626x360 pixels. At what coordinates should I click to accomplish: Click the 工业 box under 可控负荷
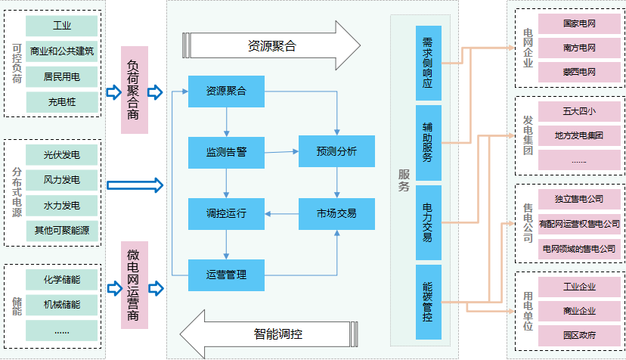(62, 26)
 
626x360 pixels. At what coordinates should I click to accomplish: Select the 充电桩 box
(62, 101)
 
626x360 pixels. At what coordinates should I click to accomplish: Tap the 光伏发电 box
(62, 155)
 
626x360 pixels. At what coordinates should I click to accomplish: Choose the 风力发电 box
(62, 180)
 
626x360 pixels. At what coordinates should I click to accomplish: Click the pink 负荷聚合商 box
(134, 92)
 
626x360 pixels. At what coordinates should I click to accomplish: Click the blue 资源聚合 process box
(226, 92)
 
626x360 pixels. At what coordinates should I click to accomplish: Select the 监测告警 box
(226, 152)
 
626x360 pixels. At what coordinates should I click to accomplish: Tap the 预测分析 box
(336, 152)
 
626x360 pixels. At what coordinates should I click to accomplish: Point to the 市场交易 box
(336, 213)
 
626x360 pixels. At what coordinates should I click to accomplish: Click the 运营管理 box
(226, 275)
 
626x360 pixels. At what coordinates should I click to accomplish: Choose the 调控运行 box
(226, 213)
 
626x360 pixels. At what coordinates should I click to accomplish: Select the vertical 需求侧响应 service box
(428, 64)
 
